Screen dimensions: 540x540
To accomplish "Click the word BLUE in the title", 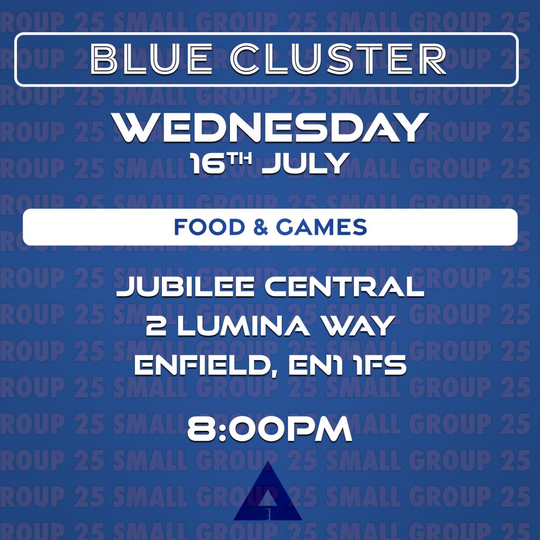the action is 151,59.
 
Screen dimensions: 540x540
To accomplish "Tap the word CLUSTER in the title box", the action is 339,59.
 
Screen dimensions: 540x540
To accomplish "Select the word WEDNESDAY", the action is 271,128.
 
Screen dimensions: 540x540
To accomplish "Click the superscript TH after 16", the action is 240,159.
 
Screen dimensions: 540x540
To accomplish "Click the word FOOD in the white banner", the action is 209,227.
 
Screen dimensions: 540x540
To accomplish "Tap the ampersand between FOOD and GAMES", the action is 261,227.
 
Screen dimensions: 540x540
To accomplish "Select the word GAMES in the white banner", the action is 321,227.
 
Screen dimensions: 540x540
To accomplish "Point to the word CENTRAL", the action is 344,287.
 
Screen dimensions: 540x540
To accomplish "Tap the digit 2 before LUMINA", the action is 156,326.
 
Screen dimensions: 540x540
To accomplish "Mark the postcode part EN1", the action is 315,365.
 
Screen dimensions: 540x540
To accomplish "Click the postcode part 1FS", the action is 380,365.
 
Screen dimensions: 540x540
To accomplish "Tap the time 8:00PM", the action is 269,429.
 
